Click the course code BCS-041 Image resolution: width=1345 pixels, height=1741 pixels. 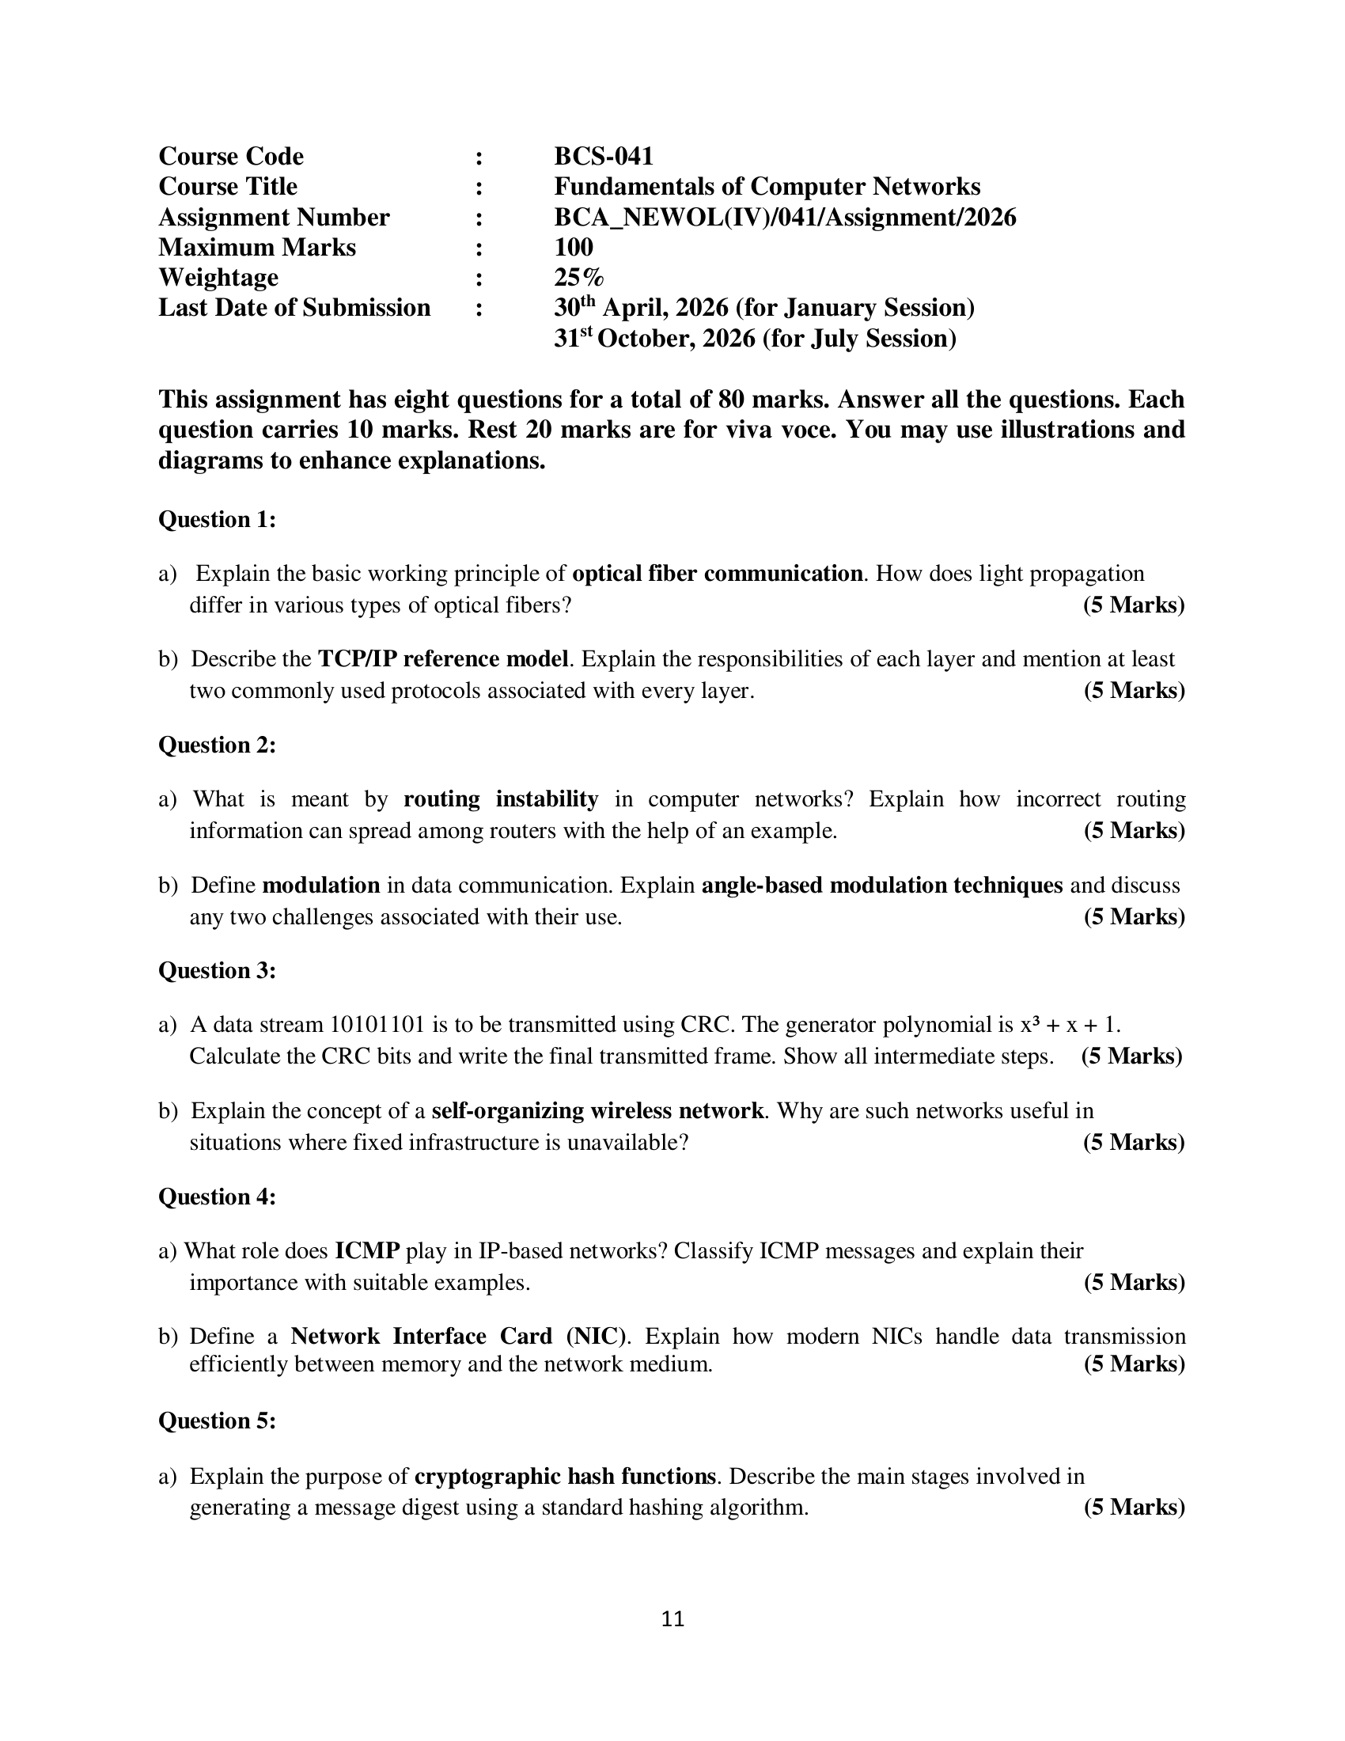click(603, 156)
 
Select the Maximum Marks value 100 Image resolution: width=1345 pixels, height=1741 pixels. click(573, 247)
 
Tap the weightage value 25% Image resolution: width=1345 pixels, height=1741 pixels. click(578, 278)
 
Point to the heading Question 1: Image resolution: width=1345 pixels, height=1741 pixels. click(217, 520)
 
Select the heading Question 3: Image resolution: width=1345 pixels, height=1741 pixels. click(217, 971)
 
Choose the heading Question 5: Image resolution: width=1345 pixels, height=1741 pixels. click(217, 1421)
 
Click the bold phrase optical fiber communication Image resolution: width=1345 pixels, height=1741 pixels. click(717, 574)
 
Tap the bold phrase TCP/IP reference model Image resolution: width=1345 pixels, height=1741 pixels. click(443, 659)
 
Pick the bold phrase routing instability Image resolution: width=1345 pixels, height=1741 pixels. click(500, 799)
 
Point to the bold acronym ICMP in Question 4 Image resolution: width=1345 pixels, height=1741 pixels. click(366, 1250)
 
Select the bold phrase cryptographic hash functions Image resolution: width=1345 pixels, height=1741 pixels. click(565, 1477)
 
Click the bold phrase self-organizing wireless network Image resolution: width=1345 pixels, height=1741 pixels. click(597, 1111)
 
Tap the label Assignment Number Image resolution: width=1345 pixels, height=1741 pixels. click(273, 217)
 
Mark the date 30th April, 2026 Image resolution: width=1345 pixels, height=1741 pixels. click(641, 308)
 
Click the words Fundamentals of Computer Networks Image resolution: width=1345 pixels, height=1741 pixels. click(767, 187)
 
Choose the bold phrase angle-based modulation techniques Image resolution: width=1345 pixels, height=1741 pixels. click(881, 886)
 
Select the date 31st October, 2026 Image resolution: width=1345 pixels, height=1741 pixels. click(654, 339)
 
